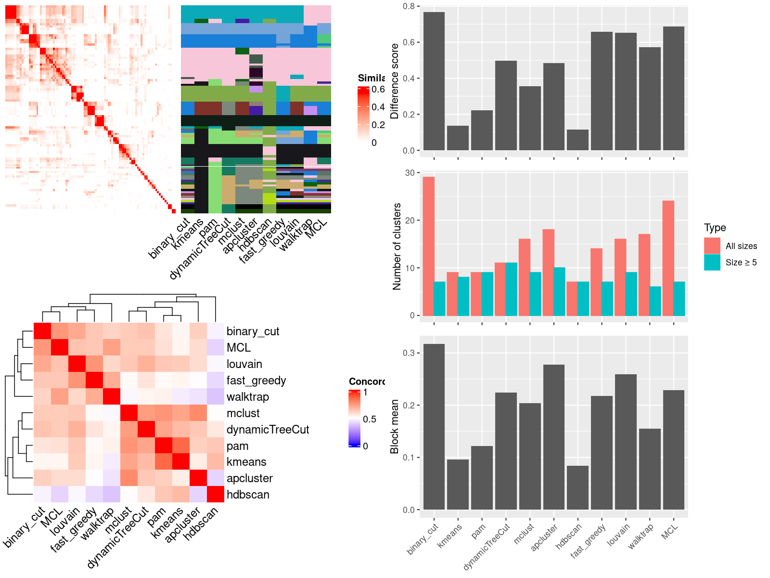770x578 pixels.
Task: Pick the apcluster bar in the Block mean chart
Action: pyautogui.click(x=553, y=437)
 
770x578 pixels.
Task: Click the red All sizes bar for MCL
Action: pyautogui.click(x=668, y=258)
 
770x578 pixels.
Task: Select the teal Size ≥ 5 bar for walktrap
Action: pyautogui.click(x=655, y=301)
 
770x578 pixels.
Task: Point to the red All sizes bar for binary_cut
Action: pyautogui.click(x=428, y=246)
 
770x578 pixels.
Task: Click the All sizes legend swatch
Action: pyautogui.click(x=712, y=246)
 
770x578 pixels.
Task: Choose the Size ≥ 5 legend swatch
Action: pyautogui.click(x=712, y=263)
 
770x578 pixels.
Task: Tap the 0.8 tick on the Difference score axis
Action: pyautogui.click(x=409, y=6)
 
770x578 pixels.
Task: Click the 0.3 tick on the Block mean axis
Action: pyautogui.click(x=409, y=353)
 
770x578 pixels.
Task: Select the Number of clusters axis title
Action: pyautogui.click(x=397, y=246)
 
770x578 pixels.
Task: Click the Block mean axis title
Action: pyautogui.click(x=395, y=426)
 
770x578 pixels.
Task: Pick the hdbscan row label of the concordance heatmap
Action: pyautogui.click(x=248, y=495)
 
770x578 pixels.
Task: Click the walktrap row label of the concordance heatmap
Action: pyautogui.click(x=248, y=397)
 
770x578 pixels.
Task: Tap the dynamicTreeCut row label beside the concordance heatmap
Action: pyautogui.click(x=268, y=430)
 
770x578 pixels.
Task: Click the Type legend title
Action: pyautogui.click(x=715, y=228)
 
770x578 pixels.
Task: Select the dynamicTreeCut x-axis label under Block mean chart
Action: pyautogui.click(x=487, y=546)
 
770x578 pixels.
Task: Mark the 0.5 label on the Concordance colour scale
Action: pyautogui.click(x=370, y=419)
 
